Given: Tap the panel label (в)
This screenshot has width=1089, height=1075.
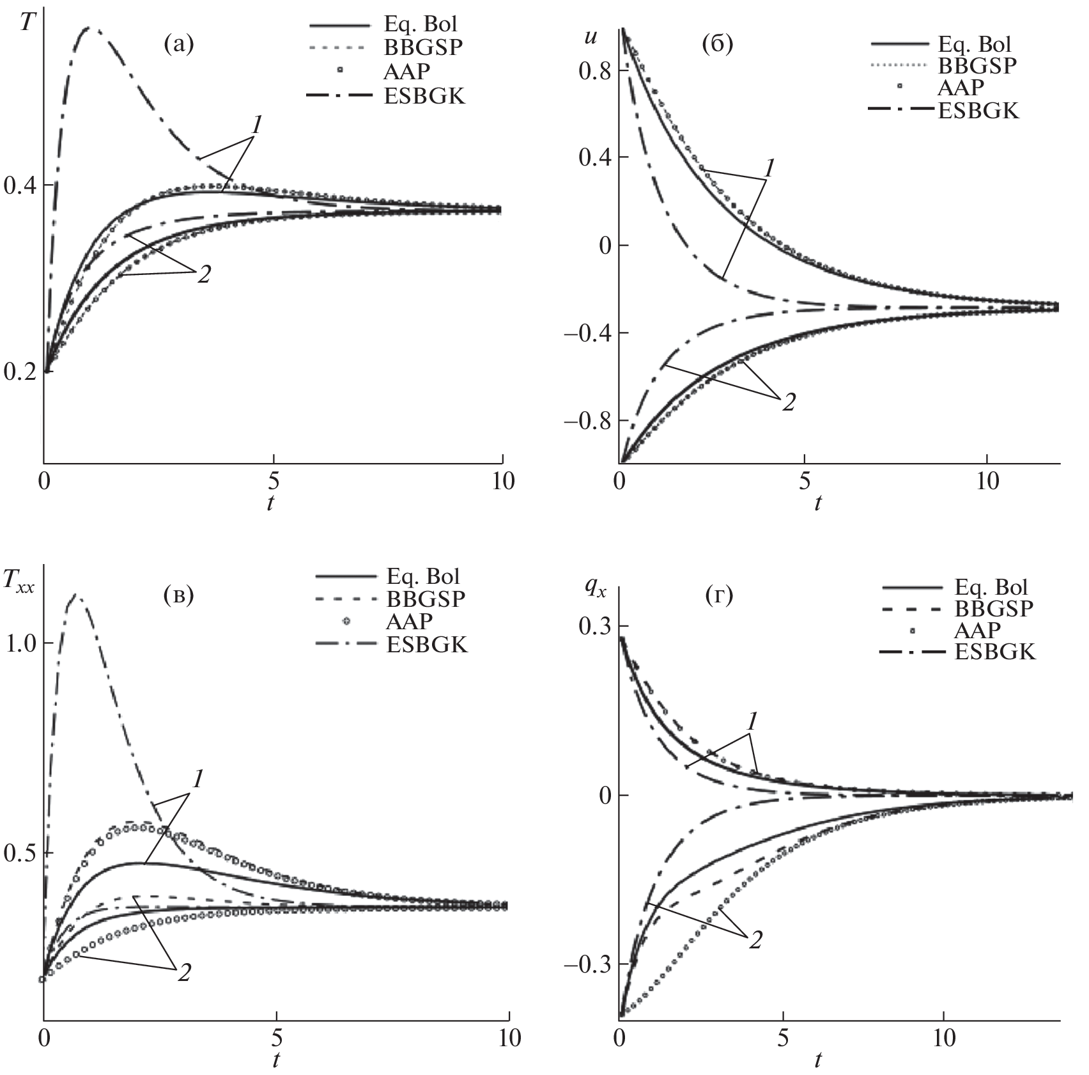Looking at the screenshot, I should point(178,595).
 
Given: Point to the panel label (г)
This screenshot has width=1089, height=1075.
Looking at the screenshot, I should point(719,596).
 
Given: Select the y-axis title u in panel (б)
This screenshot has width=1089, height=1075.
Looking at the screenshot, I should point(591,36).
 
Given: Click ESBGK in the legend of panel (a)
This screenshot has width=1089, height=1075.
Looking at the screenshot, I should point(424,96).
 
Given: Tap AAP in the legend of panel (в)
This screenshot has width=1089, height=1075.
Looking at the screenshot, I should point(409,621).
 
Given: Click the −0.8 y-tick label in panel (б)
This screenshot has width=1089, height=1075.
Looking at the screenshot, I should point(587,421).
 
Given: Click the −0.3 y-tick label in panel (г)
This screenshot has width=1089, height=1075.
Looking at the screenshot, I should point(587,964).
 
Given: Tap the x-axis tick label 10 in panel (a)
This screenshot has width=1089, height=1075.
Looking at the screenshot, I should point(504,481).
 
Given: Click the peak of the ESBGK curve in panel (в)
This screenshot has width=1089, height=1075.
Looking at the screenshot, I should point(77,595).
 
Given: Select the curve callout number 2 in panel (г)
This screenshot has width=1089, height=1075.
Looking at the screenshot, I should point(755,941).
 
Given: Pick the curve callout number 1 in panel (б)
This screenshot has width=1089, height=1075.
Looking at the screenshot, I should point(769,168).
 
